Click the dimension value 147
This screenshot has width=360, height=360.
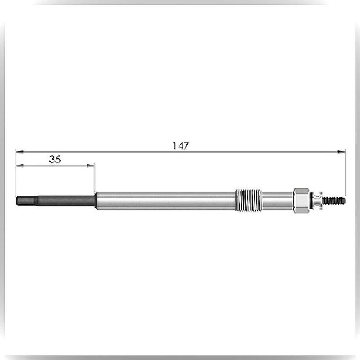coord(181,146)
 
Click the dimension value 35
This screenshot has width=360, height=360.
coord(55,159)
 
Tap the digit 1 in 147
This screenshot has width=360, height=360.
coord(174,146)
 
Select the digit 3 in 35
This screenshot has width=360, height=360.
coord(52,159)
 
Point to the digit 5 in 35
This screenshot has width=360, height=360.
coord(58,159)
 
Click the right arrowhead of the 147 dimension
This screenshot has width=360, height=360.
coord(341,152)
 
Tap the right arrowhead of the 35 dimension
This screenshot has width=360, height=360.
coord(91,165)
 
